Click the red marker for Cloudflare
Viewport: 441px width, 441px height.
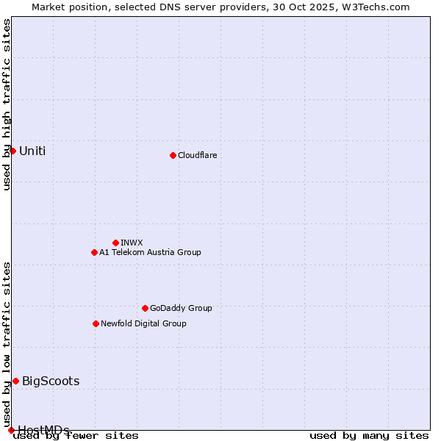point(173,155)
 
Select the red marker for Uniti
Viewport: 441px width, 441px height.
point(12,151)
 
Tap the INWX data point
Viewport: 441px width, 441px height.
point(115,243)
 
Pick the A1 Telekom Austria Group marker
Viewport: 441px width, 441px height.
point(94,252)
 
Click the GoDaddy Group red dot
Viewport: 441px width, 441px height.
point(145,308)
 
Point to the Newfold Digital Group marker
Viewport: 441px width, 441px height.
point(96,323)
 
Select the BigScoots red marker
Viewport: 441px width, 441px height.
point(15,381)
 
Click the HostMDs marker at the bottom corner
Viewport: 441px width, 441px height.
point(11,430)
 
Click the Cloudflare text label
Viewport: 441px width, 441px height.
point(197,155)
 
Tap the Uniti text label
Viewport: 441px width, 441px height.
point(32,151)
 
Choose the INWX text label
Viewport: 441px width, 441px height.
point(132,243)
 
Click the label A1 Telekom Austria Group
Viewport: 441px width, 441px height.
point(150,252)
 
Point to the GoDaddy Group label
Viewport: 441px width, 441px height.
point(181,308)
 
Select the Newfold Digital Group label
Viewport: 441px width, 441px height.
point(143,323)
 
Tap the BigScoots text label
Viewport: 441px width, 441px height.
point(51,381)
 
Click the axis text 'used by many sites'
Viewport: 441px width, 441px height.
point(369,435)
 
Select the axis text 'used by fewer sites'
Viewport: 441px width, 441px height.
point(76,435)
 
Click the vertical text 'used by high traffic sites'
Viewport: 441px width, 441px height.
point(7,104)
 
